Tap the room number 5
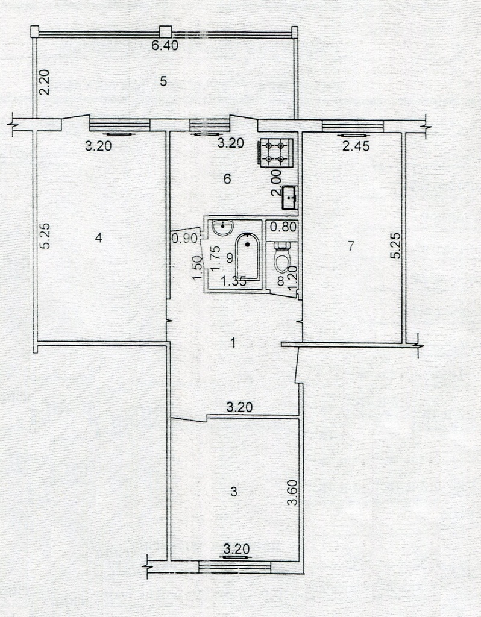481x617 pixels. click(164, 81)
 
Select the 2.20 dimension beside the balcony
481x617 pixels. click(45, 82)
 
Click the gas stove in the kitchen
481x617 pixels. click(275, 152)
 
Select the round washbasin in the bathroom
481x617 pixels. click(223, 227)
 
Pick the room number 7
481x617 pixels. click(351, 246)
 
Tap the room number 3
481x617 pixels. click(234, 492)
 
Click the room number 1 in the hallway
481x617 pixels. click(233, 343)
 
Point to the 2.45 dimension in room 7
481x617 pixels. click(356, 146)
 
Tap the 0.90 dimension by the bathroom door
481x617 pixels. click(184, 239)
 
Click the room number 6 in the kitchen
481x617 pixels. click(227, 179)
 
